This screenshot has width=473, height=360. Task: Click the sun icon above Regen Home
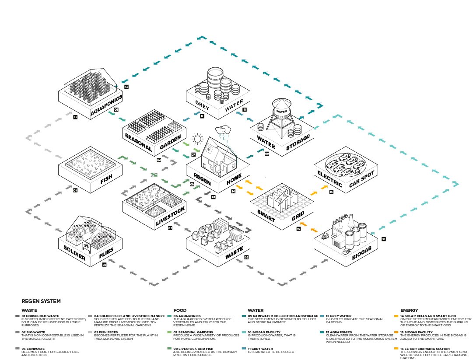[198, 140]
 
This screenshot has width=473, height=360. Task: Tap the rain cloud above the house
[226, 129]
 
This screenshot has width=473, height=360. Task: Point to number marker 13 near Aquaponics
[126, 87]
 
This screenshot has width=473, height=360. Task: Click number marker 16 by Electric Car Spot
[331, 192]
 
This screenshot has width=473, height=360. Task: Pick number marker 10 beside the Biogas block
[383, 239]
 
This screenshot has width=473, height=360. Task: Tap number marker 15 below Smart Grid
[298, 229]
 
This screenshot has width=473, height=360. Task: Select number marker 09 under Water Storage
[266, 154]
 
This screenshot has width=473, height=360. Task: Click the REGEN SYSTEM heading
[41, 301]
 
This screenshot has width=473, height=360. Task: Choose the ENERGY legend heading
[409, 310]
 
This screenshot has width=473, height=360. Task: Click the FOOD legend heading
[180, 310]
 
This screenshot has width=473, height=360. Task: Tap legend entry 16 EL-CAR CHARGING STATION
[428, 349]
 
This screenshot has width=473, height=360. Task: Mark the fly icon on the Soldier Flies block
[86, 247]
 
